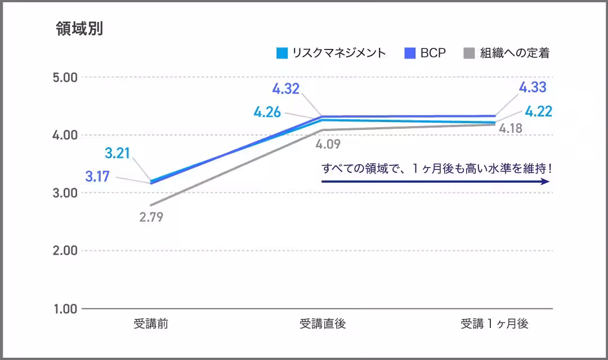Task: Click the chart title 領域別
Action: pyautogui.click(x=79, y=29)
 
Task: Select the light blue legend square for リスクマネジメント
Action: pyautogui.click(x=282, y=53)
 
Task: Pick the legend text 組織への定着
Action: pyautogui.click(x=515, y=53)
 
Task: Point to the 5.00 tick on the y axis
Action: pyautogui.click(x=64, y=77)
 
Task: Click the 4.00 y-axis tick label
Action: pyautogui.click(x=64, y=135)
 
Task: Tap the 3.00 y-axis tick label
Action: pyautogui.click(x=64, y=193)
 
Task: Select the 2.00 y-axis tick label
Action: pyautogui.click(x=64, y=251)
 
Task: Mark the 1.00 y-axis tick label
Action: pyautogui.click(x=64, y=309)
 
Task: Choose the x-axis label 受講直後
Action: pyautogui.click(x=322, y=324)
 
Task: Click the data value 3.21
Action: pyautogui.click(x=118, y=153)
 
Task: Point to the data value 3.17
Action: pyautogui.click(x=98, y=176)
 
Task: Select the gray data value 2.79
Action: pyautogui.click(x=151, y=217)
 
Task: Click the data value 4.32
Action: pyautogui.click(x=286, y=88)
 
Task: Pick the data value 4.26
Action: pyautogui.click(x=267, y=112)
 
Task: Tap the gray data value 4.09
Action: pyautogui.click(x=328, y=145)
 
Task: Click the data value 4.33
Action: pyautogui.click(x=533, y=87)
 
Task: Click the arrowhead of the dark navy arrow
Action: pyautogui.click(x=545, y=182)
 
